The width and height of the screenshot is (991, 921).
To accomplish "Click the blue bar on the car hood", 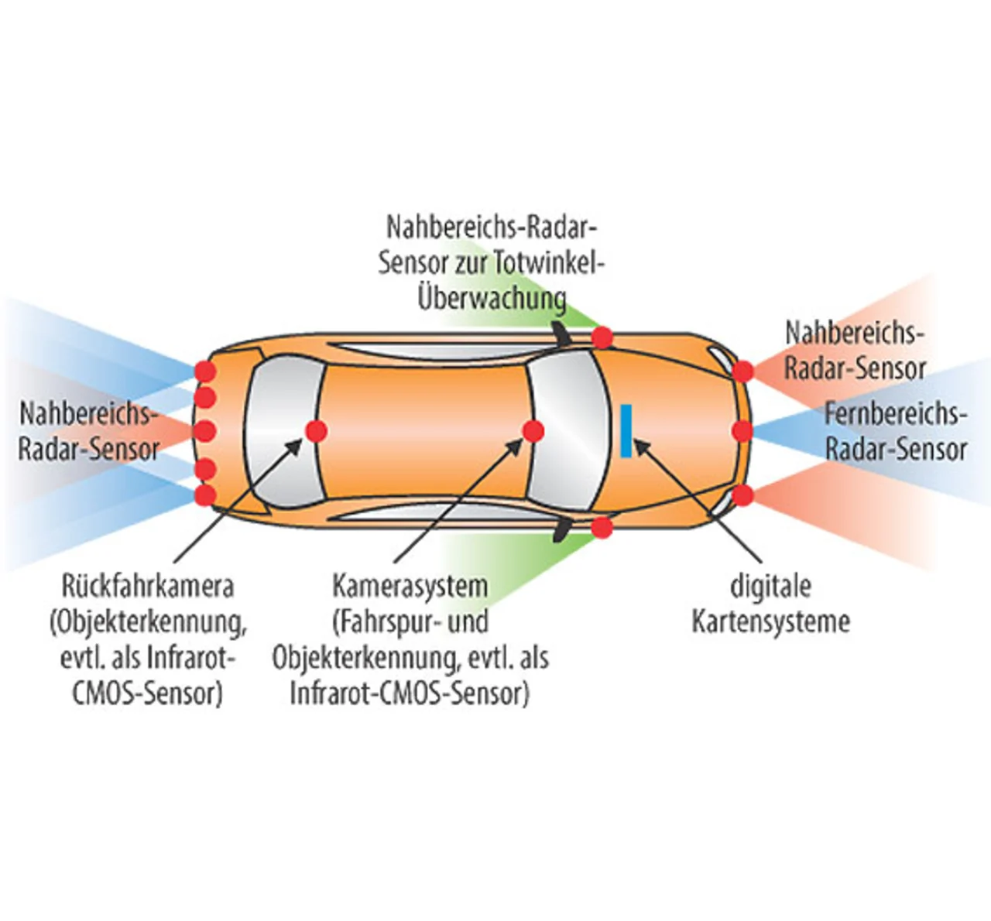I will coord(626,430).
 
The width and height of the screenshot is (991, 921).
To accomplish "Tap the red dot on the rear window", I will coord(316,431).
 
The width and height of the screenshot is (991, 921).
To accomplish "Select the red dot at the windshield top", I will coord(533,431).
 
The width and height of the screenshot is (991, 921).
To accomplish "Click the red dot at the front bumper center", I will coord(742,431).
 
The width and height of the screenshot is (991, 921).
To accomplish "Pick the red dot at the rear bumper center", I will coord(204,431).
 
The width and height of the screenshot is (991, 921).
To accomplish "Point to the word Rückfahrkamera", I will coord(147,586).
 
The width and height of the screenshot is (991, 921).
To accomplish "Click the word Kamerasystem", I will coord(410,586).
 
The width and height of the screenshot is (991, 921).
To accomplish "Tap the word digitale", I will coord(770,586).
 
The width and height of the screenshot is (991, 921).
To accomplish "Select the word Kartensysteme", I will coord(770,621).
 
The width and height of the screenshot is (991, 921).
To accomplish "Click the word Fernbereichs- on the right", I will coord(895,414).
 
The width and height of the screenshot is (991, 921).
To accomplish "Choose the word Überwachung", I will coord(492,298).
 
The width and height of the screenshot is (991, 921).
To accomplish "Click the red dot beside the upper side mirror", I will coord(602,337).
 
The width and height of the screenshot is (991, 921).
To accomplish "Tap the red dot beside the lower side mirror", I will coord(602,528).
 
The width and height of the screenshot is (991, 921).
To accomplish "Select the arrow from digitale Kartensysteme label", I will coord(697,500).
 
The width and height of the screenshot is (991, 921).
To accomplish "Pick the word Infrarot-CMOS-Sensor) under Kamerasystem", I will coord(410,693).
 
